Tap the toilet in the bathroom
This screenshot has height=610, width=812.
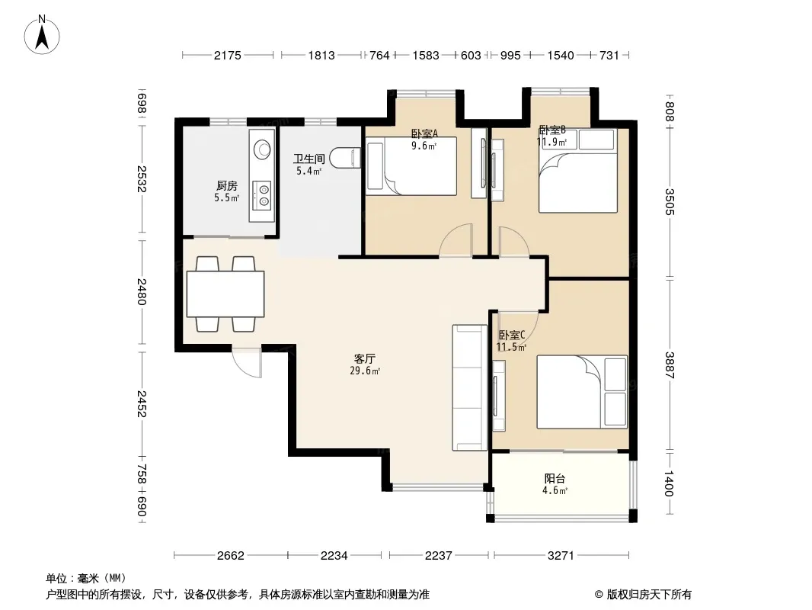tap(345, 158)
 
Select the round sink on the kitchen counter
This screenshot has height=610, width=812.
tap(262, 149)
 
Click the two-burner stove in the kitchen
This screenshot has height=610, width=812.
tap(261, 194)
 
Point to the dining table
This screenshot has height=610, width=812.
tap(225, 294)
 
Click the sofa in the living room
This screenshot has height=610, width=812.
tap(470, 387)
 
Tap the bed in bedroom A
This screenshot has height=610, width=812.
tap(411, 166)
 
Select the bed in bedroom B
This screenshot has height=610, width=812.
tap(578, 171)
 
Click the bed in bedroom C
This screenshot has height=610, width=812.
tap(582, 392)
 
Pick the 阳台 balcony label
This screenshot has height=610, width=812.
tap(555, 478)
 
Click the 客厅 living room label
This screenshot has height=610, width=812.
tap(365, 358)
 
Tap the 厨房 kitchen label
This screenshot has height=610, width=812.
tap(227, 185)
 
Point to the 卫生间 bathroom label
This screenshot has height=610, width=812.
tap(309, 159)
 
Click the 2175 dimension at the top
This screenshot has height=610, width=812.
tap(228, 55)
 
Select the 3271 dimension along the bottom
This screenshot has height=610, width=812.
tap(561, 556)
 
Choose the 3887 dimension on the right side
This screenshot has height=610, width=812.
tap(670, 365)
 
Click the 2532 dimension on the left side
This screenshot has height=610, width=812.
tap(142, 178)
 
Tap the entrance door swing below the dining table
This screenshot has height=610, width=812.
tap(247, 361)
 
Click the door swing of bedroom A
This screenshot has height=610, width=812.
tap(456, 240)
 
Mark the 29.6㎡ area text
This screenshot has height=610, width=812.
tap(365, 371)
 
